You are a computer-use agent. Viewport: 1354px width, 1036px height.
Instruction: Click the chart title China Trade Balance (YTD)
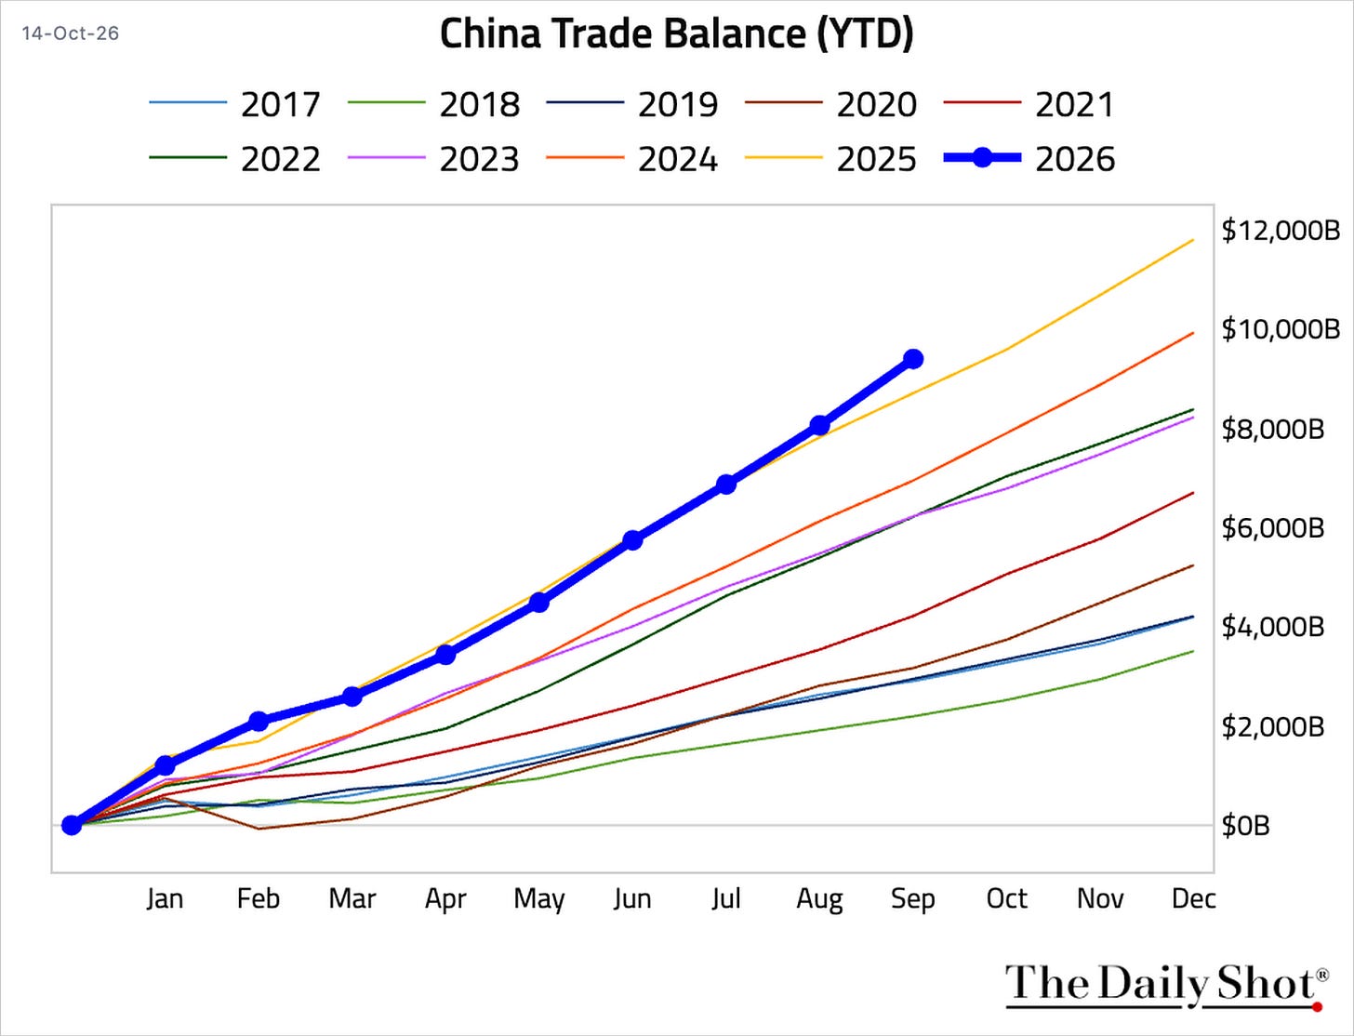click(677, 33)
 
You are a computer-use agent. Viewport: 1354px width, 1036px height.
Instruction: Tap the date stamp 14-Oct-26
click(71, 33)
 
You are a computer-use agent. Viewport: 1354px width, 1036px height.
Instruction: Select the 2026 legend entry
click(1029, 159)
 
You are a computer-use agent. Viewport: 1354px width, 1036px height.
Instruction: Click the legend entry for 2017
click(234, 104)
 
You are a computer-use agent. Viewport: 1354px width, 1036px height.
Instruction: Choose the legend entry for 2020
click(830, 104)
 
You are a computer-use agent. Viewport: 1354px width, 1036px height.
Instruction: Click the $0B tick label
click(1245, 825)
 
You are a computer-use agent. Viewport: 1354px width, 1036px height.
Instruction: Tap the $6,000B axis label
click(1272, 528)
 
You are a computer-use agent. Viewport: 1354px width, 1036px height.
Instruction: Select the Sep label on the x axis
click(913, 899)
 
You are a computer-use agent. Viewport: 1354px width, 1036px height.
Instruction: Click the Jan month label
click(165, 899)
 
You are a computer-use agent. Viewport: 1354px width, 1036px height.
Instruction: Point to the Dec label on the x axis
click(1194, 899)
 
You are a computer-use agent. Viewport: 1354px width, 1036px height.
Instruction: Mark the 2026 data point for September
click(913, 358)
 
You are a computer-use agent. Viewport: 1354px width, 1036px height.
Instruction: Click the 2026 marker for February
click(259, 721)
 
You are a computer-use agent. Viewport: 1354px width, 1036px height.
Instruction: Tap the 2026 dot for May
click(539, 602)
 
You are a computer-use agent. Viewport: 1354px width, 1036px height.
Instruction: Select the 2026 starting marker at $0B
click(72, 825)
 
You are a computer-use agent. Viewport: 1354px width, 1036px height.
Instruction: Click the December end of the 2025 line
click(1194, 239)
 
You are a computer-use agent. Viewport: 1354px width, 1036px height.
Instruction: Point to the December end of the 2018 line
click(1194, 651)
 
